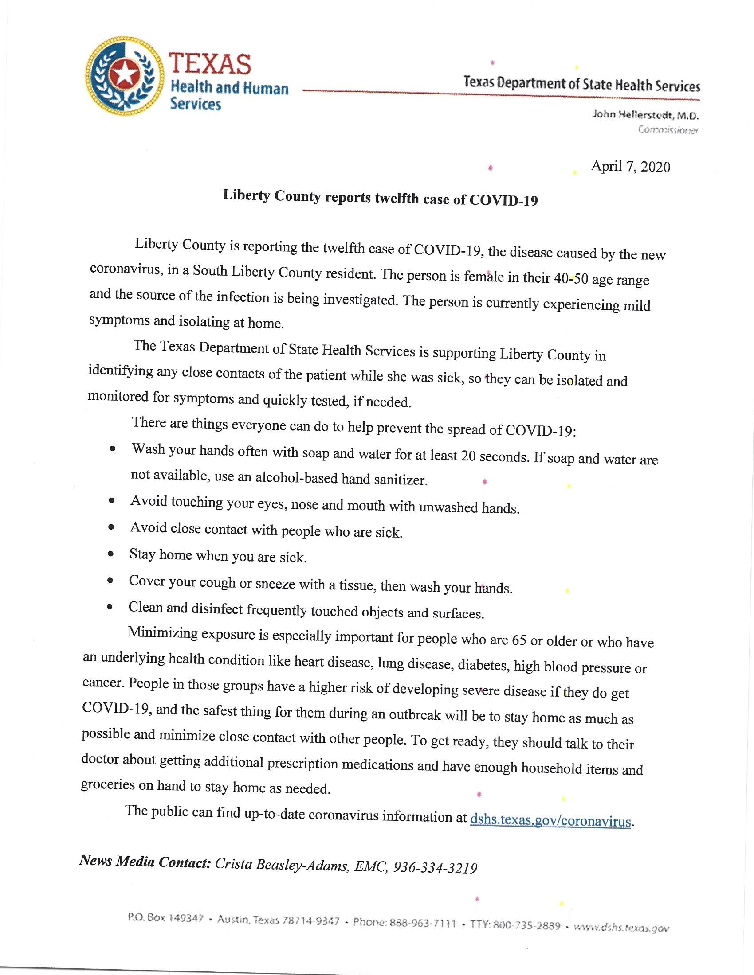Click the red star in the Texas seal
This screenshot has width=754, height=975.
[122, 74]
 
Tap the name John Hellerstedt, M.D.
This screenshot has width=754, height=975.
[645, 115]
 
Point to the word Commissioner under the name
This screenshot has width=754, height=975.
[668, 130]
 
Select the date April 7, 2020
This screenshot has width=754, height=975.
[630, 167]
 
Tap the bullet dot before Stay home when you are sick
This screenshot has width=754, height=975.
[111, 554]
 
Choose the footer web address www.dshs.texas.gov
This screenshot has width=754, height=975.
[621, 928]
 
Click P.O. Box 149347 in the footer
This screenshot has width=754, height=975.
[165, 918]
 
